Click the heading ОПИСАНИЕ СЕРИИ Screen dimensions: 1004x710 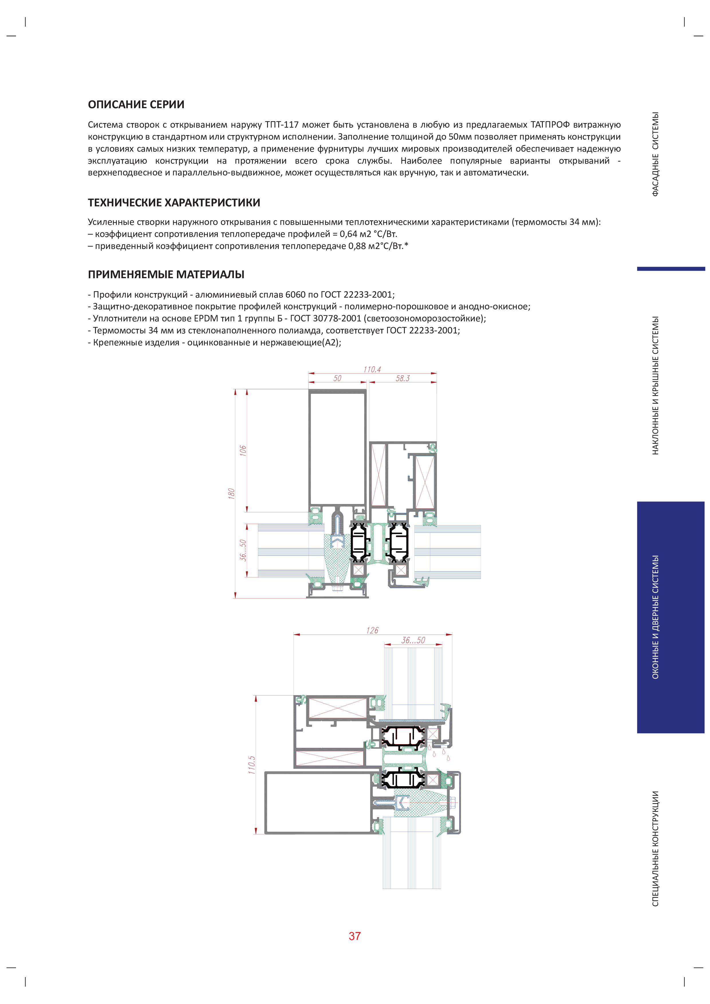[x=136, y=104]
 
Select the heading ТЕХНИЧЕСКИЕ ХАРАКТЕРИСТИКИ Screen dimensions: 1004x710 [x=174, y=202]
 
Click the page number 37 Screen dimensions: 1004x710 [x=354, y=936]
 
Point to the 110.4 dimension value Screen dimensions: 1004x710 [x=372, y=369]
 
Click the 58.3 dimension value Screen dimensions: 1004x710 [x=403, y=378]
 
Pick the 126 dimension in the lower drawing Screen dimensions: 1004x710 [x=372, y=630]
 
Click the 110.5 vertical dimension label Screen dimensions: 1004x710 [x=252, y=765]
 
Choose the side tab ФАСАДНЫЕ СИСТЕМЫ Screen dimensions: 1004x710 [x=655, y=154]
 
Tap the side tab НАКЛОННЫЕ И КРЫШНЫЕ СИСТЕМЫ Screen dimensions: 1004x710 [x=655, y=385]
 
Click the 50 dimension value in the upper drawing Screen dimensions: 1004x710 [x=337, y=378]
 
